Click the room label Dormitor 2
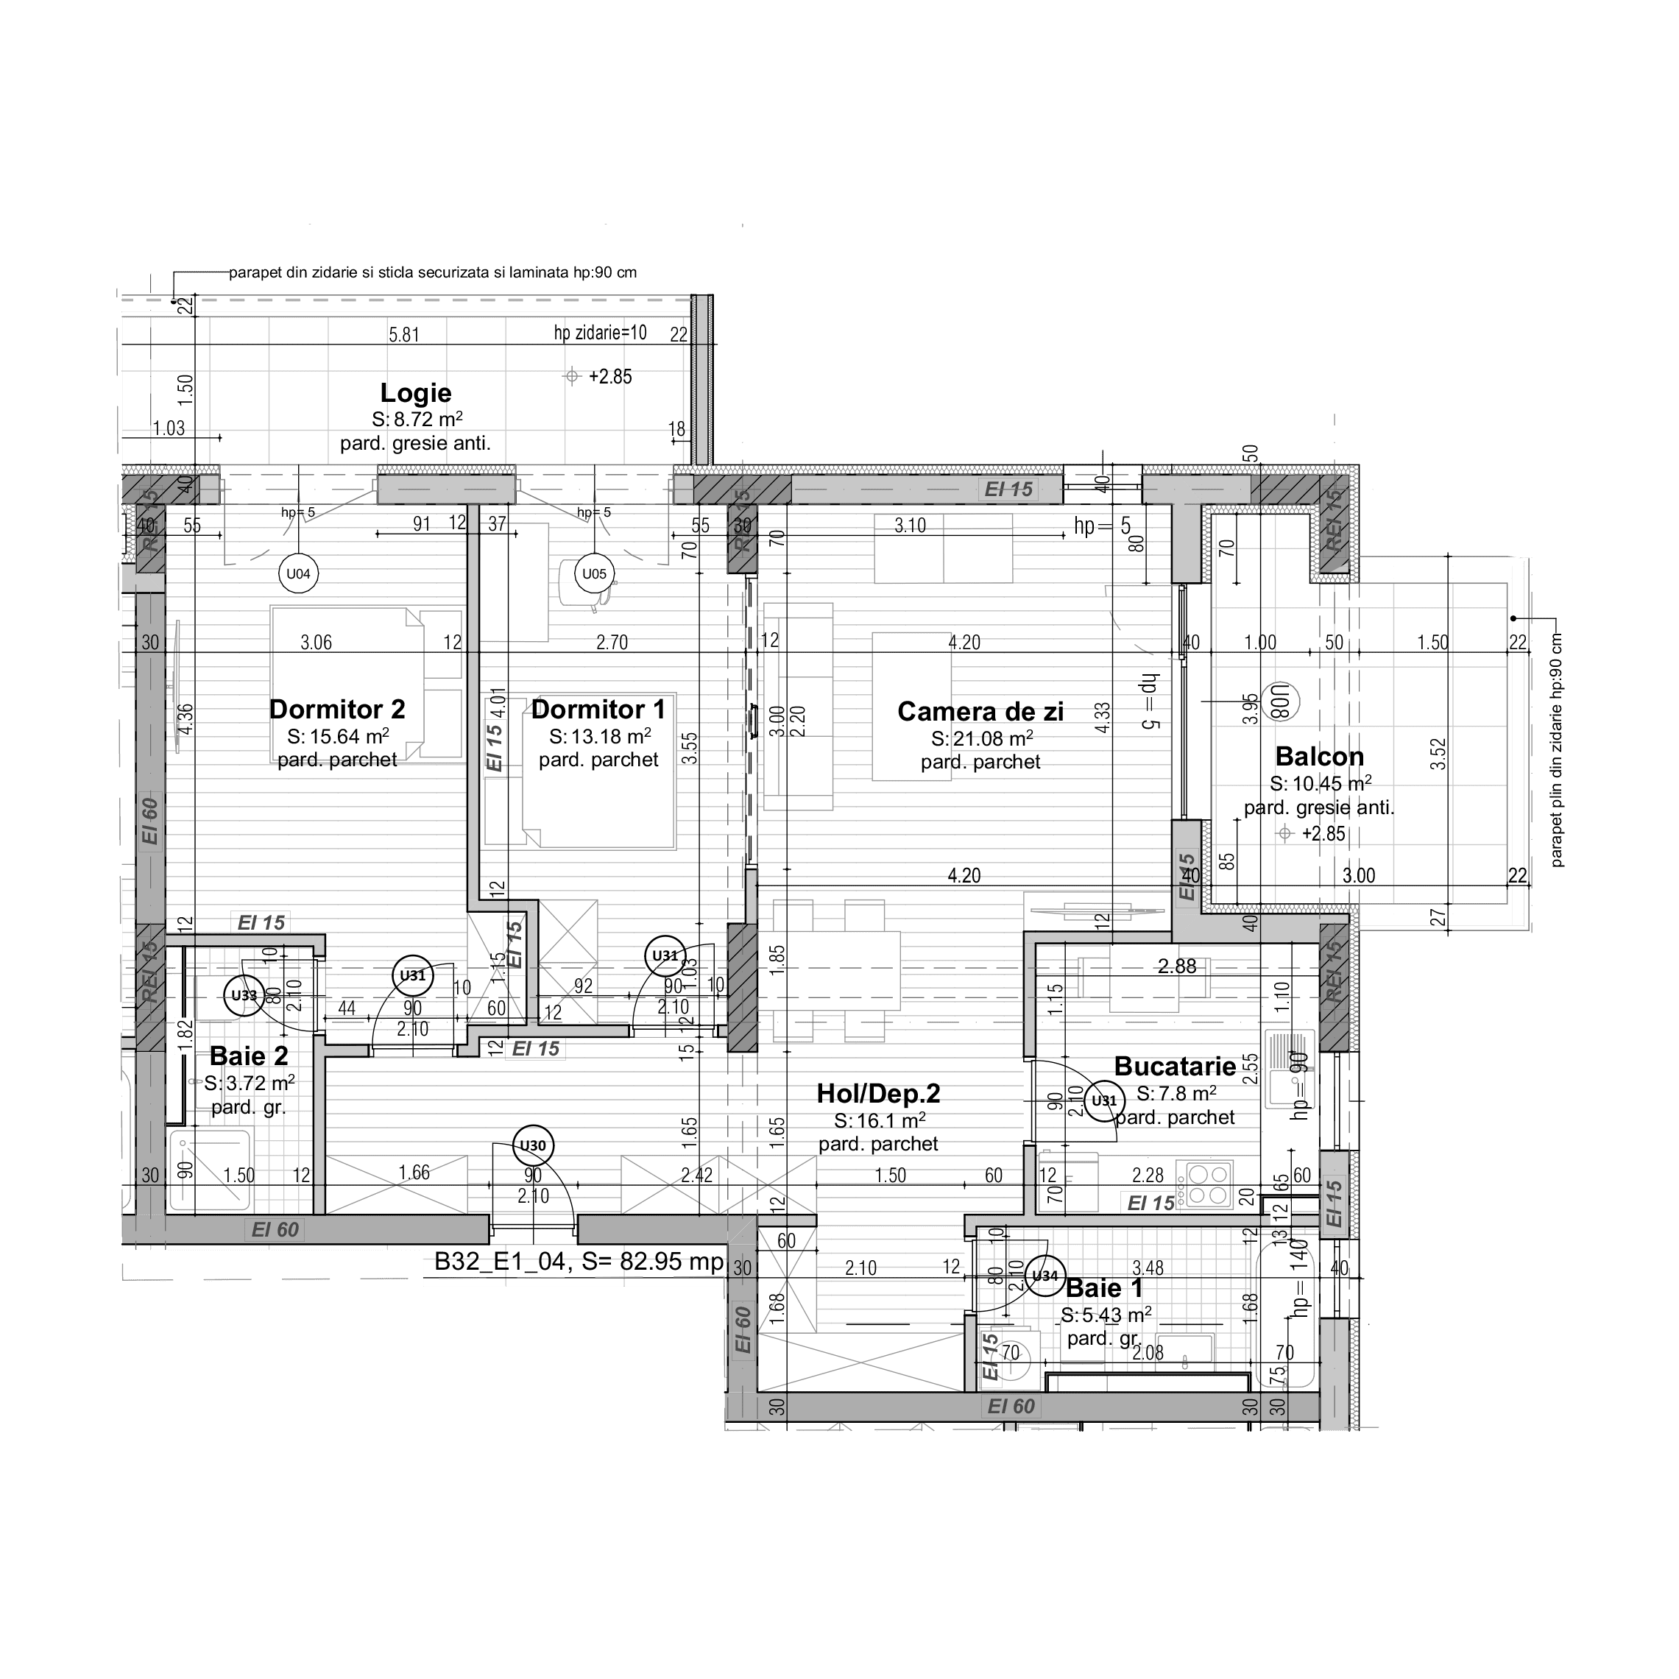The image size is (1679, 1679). (337, 709)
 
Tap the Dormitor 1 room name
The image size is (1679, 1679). (598, 709)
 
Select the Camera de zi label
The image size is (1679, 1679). (980, 712)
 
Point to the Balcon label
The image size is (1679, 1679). (1318, 756)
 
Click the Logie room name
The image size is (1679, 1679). (415, 393)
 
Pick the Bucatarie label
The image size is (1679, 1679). (1174, 1067)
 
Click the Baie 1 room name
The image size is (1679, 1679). (1103, 1288)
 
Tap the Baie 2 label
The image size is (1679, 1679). (249, 1056)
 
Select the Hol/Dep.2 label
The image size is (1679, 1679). (877, 1094)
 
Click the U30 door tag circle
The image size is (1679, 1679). (533, 1145)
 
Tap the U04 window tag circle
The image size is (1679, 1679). (298, 573)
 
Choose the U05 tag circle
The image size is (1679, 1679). (595, 573)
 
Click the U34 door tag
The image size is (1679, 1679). (1044, 1276)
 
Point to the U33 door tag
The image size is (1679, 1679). (244, 995)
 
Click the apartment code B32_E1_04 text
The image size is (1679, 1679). (500, 1262)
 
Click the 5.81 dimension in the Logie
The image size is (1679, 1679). (404, 335)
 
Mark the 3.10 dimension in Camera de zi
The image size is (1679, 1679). (910, 526)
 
